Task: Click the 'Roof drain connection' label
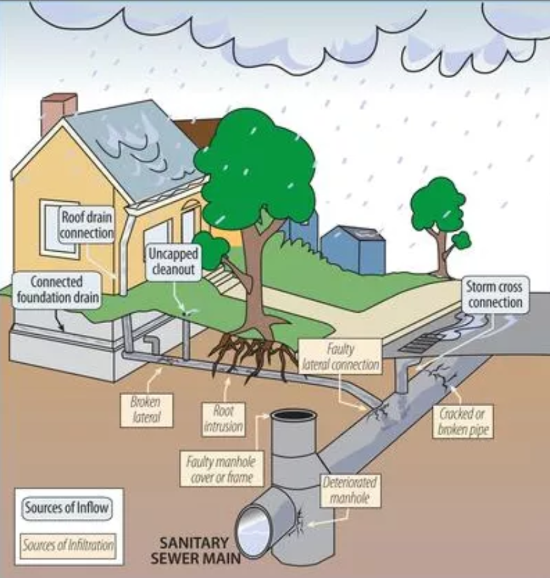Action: (87, 225)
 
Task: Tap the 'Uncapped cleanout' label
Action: (173, 262)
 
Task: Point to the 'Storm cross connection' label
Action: (495, 294)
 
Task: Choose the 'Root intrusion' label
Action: (223, 418)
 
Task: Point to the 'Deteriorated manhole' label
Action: (350, 489)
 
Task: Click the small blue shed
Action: (354, 249)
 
